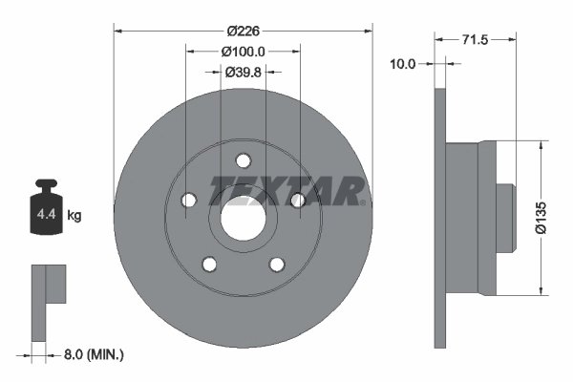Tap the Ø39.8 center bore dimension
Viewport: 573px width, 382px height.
pos(243,71)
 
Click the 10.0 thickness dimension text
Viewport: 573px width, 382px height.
pos(405,64)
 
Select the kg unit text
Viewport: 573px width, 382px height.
pos(74,216)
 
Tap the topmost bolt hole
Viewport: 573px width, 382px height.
pos(243,160)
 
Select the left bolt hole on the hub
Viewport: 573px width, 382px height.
pos(188,200)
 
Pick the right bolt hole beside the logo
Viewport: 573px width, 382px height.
pos(297,200)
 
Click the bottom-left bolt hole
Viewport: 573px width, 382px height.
pos(209,265)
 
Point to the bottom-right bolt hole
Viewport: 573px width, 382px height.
pos(276,265)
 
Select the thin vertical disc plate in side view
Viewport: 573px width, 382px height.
pos(440,218)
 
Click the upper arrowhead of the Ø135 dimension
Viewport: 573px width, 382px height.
pos(542,146)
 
